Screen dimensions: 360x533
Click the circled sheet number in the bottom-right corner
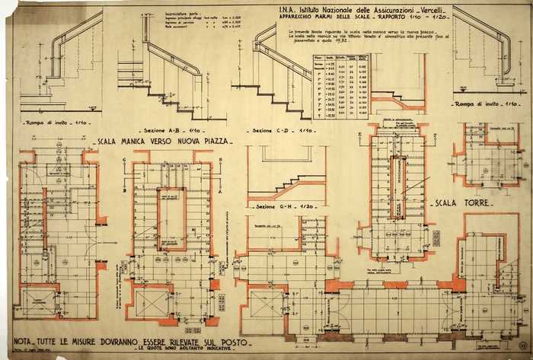[x=520, y=346]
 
